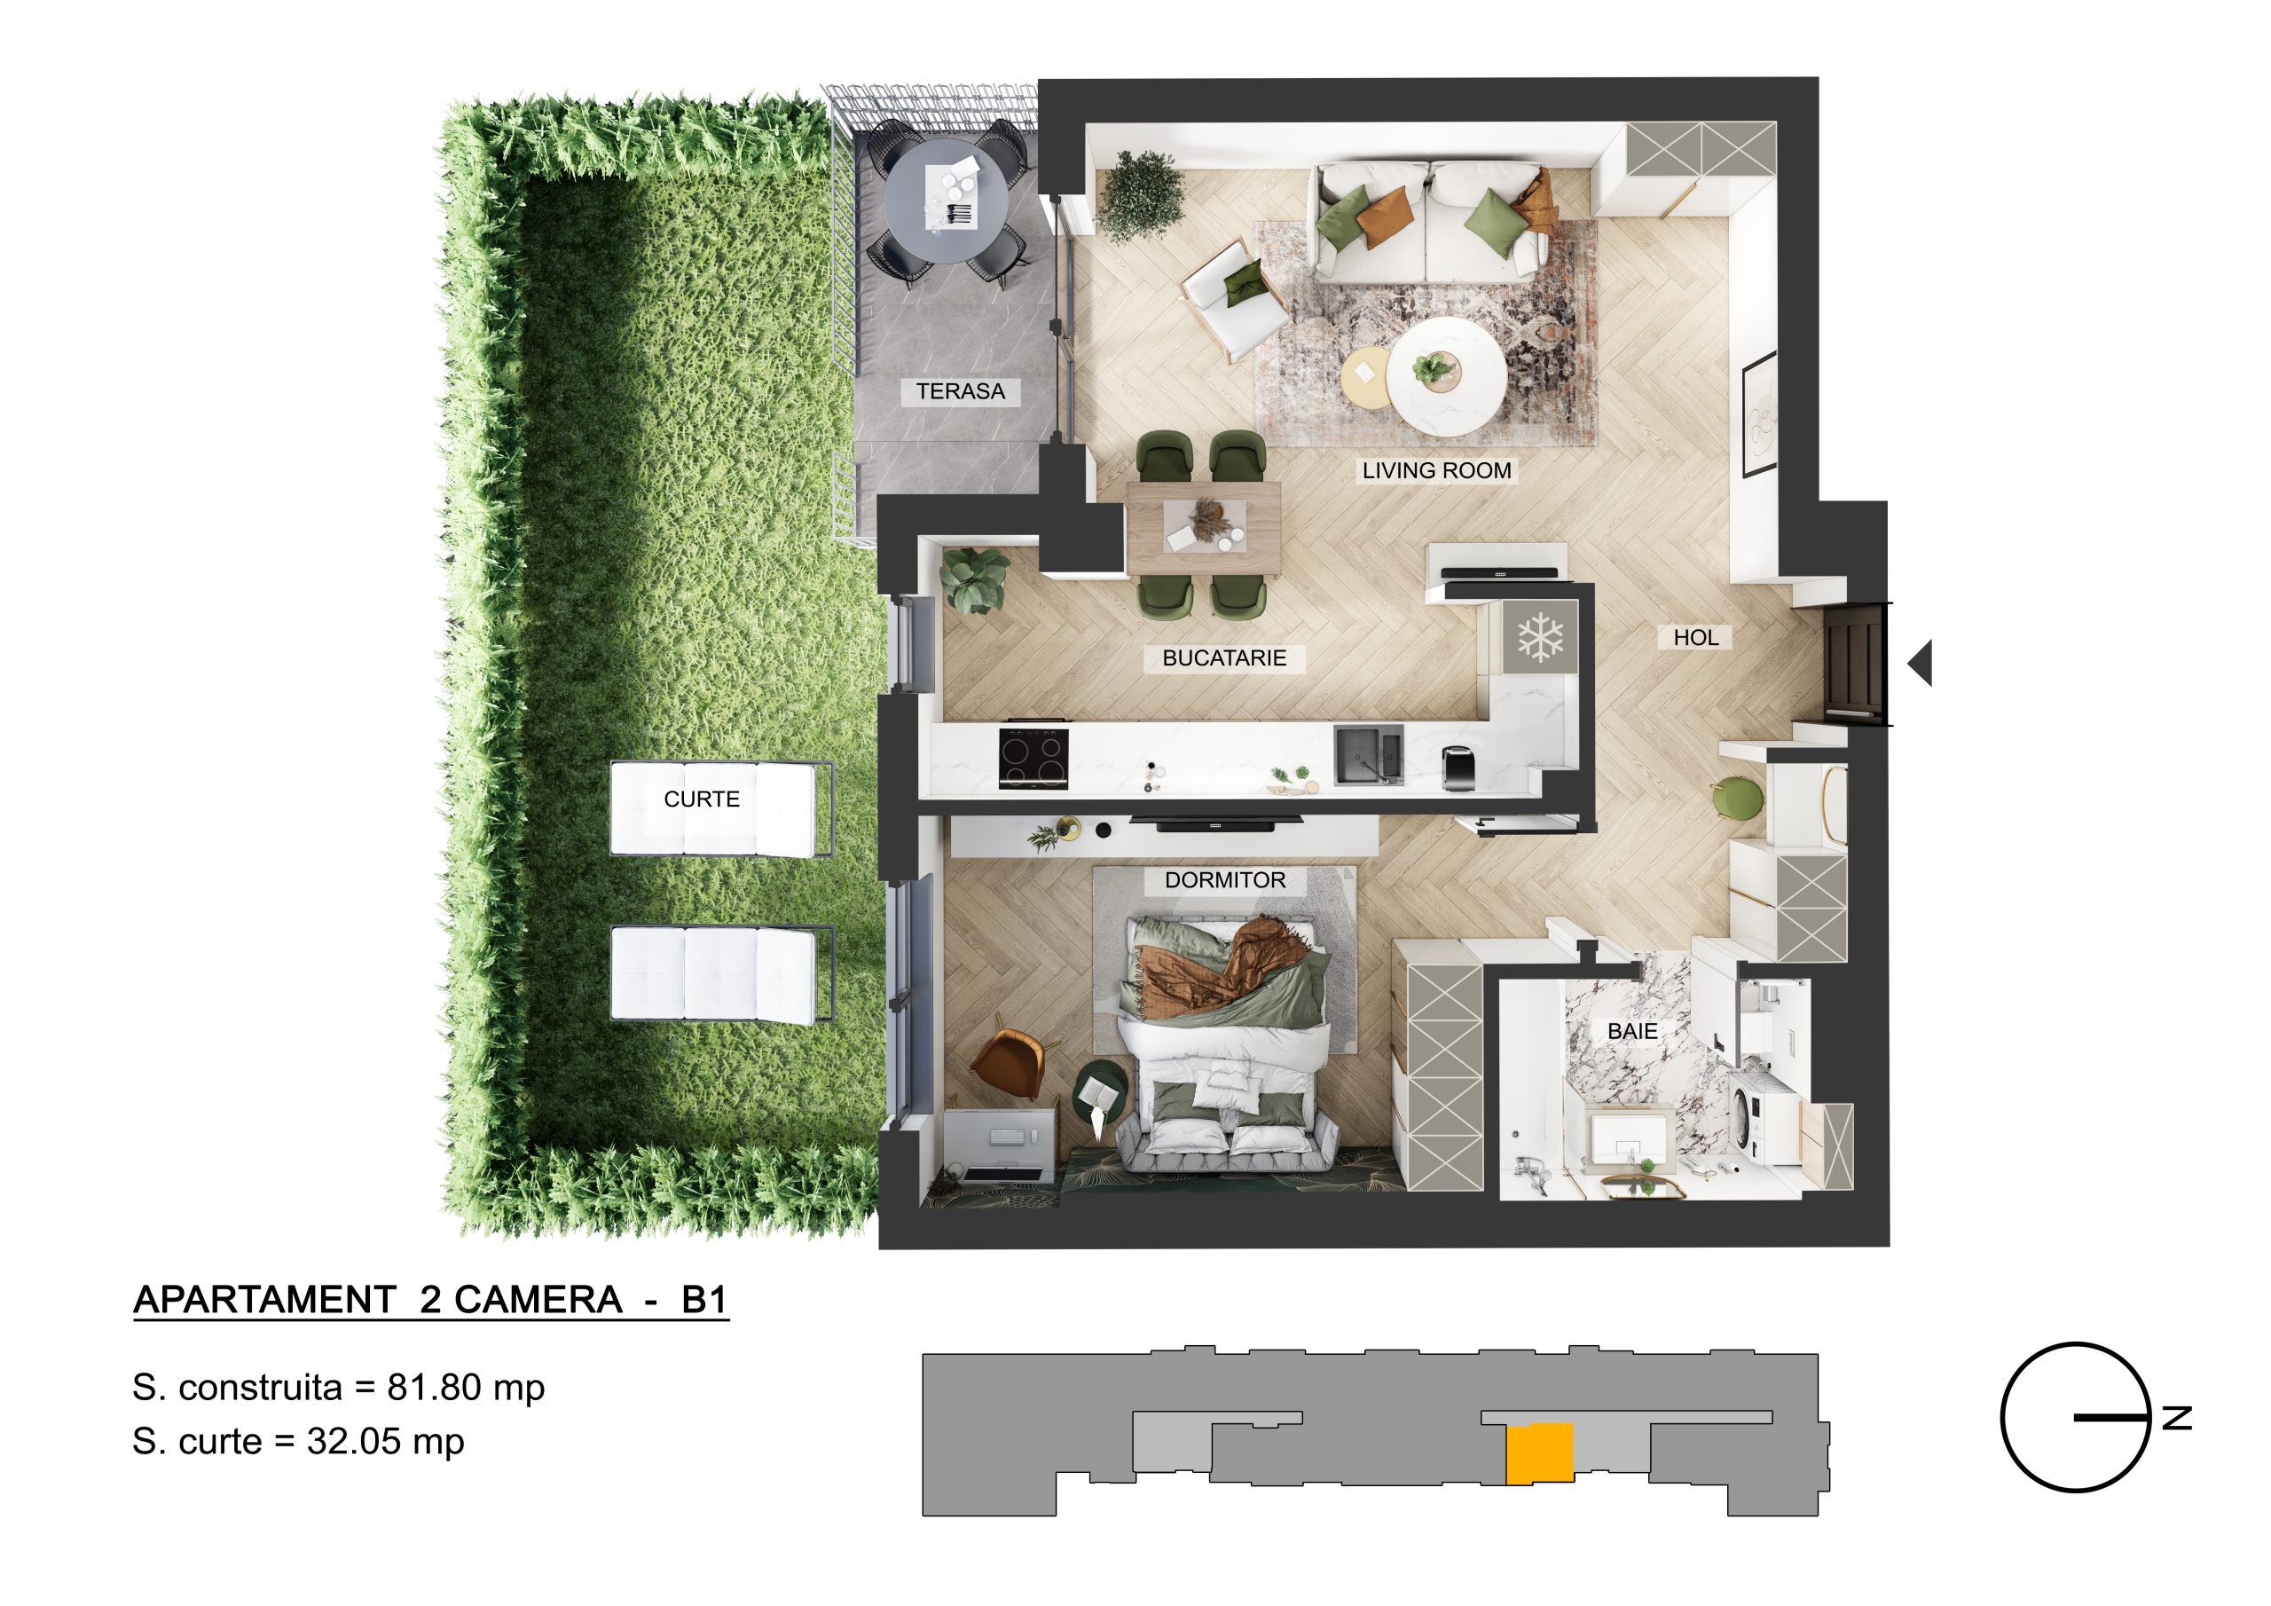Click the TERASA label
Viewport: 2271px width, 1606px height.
[960, 392]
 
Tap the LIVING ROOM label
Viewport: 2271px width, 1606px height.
[1436, 471]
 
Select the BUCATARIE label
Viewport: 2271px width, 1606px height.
[1223, 658]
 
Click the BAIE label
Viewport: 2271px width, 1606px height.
[1632, 1031]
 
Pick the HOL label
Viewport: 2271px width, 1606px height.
[1695, 638]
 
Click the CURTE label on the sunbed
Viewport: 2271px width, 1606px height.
[702, 799]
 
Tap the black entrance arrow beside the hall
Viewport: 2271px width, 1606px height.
[1920, 663]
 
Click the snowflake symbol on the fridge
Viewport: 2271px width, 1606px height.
[1541, 637]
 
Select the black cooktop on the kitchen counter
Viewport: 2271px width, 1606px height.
[1033, 758]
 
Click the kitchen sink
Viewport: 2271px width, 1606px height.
[1369, 756]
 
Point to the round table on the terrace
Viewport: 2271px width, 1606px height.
[946, 201]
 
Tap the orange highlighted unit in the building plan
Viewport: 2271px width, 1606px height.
[1539, 1453]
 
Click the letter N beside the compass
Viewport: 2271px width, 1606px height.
[2177, 1418]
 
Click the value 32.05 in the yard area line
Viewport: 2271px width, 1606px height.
[354, 1442]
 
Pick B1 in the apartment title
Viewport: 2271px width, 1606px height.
[704, 1299]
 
